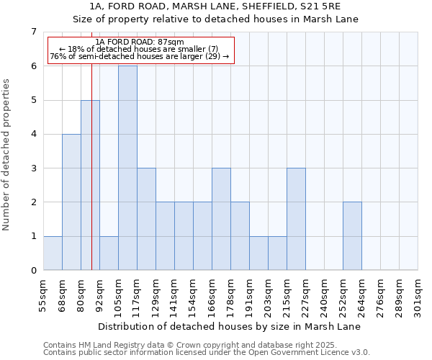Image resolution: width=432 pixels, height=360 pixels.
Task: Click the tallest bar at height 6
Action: coord(127,168)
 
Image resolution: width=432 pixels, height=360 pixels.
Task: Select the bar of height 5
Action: coord(90,185)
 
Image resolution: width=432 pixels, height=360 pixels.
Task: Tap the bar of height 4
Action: coord(71,202)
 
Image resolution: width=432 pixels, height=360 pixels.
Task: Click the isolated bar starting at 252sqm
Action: coord(352,236)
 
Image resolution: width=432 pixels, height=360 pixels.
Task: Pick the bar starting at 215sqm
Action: coord(296,219)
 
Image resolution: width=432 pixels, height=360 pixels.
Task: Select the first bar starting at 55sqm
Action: coord(53,253)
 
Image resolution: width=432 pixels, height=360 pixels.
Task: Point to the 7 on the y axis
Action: coord(33,32)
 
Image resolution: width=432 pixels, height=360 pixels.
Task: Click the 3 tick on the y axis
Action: coord(33,168)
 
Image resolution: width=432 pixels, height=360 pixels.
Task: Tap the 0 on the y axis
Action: coord(33,271)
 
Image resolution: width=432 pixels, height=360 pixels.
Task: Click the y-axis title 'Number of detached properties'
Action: coord(6,155)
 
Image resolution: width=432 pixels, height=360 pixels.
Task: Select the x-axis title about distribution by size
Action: coord(229,327)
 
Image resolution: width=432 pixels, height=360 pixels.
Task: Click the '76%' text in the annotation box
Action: coord(58,56)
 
